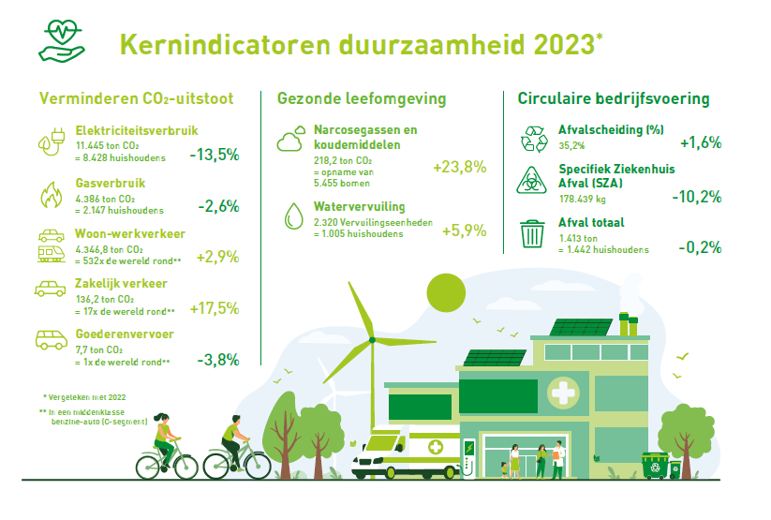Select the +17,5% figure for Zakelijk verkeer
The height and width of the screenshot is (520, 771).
point(214,308)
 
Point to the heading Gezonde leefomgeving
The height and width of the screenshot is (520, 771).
point(361,98)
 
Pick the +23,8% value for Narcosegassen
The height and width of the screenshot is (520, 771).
point(459,168)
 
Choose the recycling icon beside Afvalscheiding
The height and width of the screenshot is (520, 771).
point(533,139)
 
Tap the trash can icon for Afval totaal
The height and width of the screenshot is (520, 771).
point(532,232)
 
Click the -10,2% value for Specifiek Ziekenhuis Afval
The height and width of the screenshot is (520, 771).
point(696,197)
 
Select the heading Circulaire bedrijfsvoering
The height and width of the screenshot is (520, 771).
point(613,98)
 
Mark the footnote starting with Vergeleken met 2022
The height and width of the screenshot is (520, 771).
point(84,397)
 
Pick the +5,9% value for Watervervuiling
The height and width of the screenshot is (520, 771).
point(464,230)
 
